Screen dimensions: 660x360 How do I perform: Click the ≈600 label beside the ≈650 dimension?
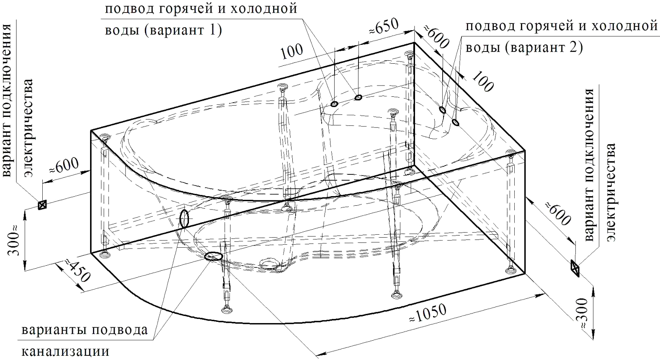point(436,37)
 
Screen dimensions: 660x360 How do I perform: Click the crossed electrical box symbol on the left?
point(42,205)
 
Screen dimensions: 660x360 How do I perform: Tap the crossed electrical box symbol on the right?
point(575,268)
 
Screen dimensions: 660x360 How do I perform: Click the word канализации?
point(66,352)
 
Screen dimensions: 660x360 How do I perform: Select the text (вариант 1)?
point(183,30)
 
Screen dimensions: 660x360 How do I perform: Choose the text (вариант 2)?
point(544,47)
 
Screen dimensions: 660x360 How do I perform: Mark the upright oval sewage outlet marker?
point(184,218)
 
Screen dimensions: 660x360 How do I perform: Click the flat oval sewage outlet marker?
point(213,256)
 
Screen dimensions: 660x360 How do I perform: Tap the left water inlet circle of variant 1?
point(334,104)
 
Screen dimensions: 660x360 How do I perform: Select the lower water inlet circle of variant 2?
point(456,122)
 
